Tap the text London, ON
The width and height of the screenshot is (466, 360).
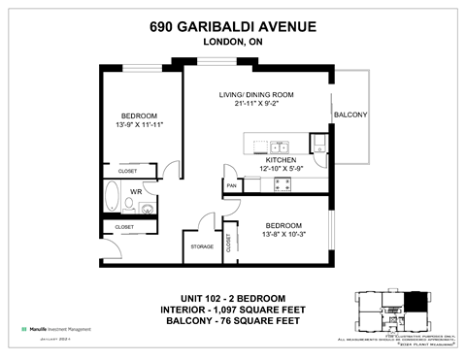pyautogui.click(x=234, y=42)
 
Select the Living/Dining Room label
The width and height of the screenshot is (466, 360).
pyautogui.click(x=256, y=94)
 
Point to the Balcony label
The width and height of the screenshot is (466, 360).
pyautogui.click(x=349, y=115)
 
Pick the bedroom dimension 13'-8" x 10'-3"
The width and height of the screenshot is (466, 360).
pyautogui.click(x=284, y=234)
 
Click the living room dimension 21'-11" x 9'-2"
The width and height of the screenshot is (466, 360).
pyautogui.click(x=256, y=104)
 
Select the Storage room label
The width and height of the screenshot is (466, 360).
pyautogui.click(x=202, y=246)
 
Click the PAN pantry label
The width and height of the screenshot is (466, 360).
pyautogui.click(x=232, y=184)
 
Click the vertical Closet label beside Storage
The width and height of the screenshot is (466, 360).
pyautogui.click(x=229, y=243)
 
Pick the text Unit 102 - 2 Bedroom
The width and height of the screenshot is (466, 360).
pyautogui.click(x=234, y=297)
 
